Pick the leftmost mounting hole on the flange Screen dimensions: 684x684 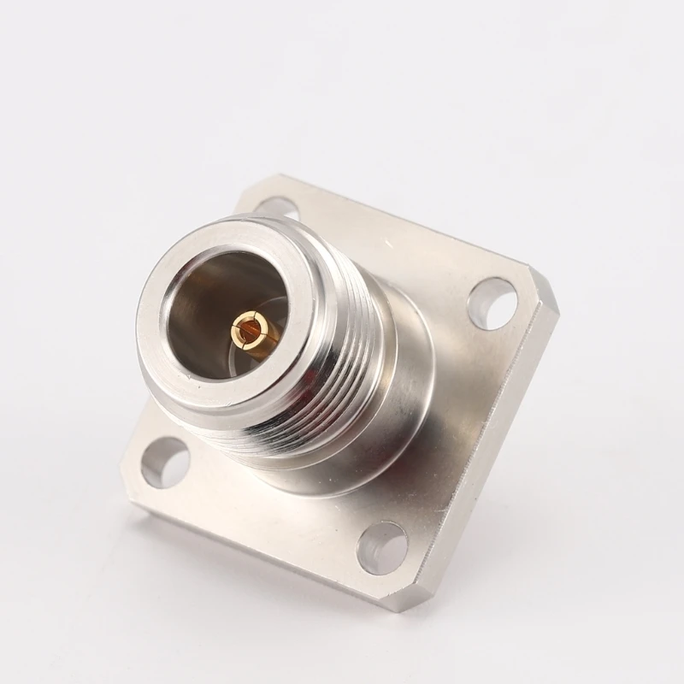coord(166,463)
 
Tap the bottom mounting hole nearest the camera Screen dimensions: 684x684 coord(381,546)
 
